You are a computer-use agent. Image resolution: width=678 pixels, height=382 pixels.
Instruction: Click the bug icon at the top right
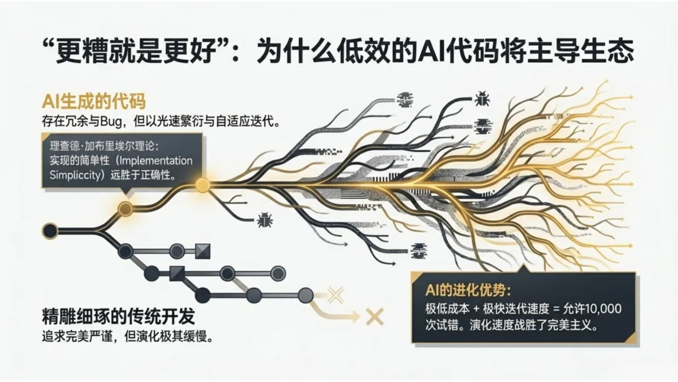coord(482,98)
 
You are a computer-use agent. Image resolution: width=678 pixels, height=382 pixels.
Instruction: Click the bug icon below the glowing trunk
coord(264,219)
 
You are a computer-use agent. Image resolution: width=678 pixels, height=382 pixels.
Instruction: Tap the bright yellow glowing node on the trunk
coord(203,185)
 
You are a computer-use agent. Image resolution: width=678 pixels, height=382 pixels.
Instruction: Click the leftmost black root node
coord(50,231)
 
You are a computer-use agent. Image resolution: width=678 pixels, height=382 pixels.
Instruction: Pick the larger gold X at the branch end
coord(375,317)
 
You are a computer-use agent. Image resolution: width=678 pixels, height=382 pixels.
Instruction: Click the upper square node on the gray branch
coord(202,251)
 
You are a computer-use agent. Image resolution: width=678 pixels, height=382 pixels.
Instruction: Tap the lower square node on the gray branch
coord(177,273)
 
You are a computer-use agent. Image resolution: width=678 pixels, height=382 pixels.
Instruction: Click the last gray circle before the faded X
coord(306,295)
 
